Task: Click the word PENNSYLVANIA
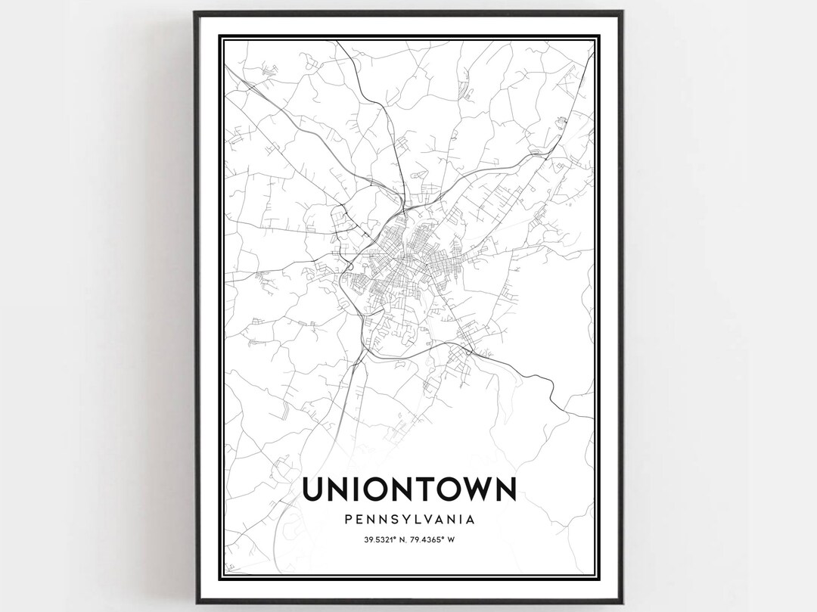coord(408,520)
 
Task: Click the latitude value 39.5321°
coord(381,539)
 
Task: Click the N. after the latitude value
coord(402,539)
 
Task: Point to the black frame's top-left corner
coord(194,12)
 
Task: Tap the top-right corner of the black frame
coord(622,12)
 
